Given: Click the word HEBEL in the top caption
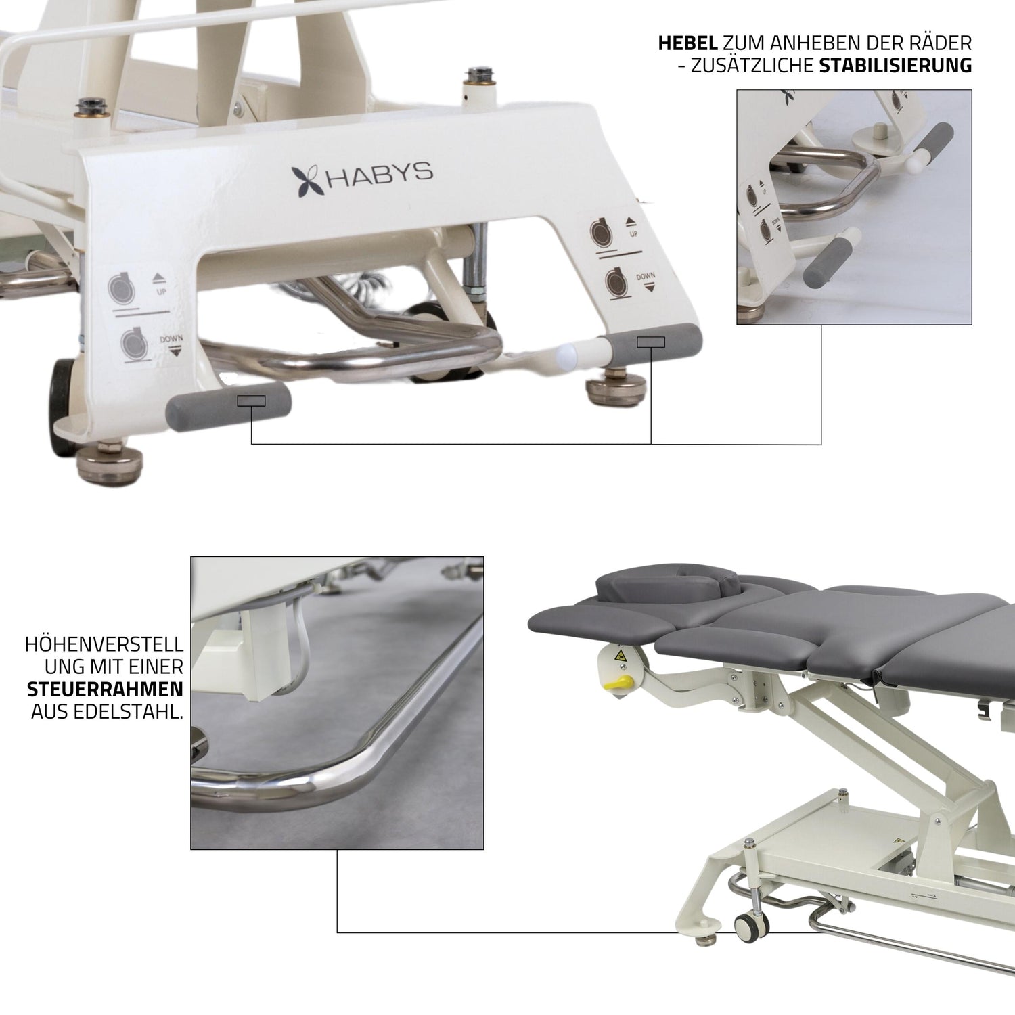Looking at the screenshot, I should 688,44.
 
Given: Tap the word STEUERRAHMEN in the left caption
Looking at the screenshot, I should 105,690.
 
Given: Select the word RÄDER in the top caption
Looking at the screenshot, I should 943,44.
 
